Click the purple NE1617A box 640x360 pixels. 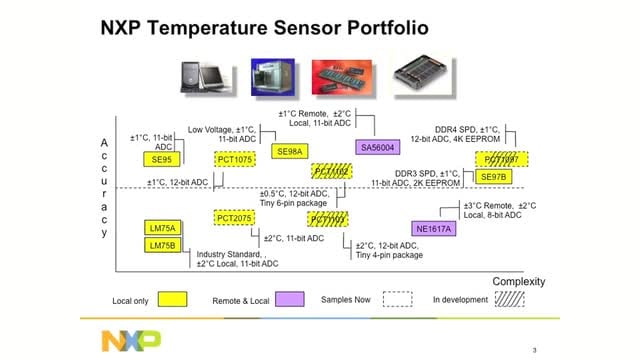433,228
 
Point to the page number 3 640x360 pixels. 534,349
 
